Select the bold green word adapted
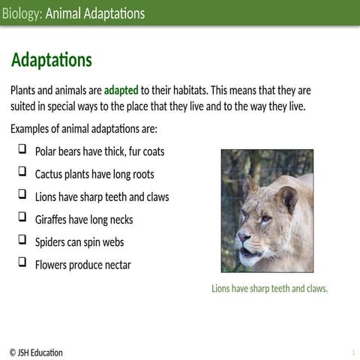coord(121,91)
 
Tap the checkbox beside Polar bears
coord(22,150)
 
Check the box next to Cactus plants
coord(22,172)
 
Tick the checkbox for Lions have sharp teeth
coord(22,195)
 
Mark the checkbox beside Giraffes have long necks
coord(22,218)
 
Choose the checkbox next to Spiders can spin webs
coord(22,241)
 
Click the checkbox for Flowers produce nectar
coord(22,263)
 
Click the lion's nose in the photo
coord(244,239)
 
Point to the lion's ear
coord(286,196)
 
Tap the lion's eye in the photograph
coord(265,218)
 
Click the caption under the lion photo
coord(270,289)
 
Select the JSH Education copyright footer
coord(36,352)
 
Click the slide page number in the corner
coord(352,352)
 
